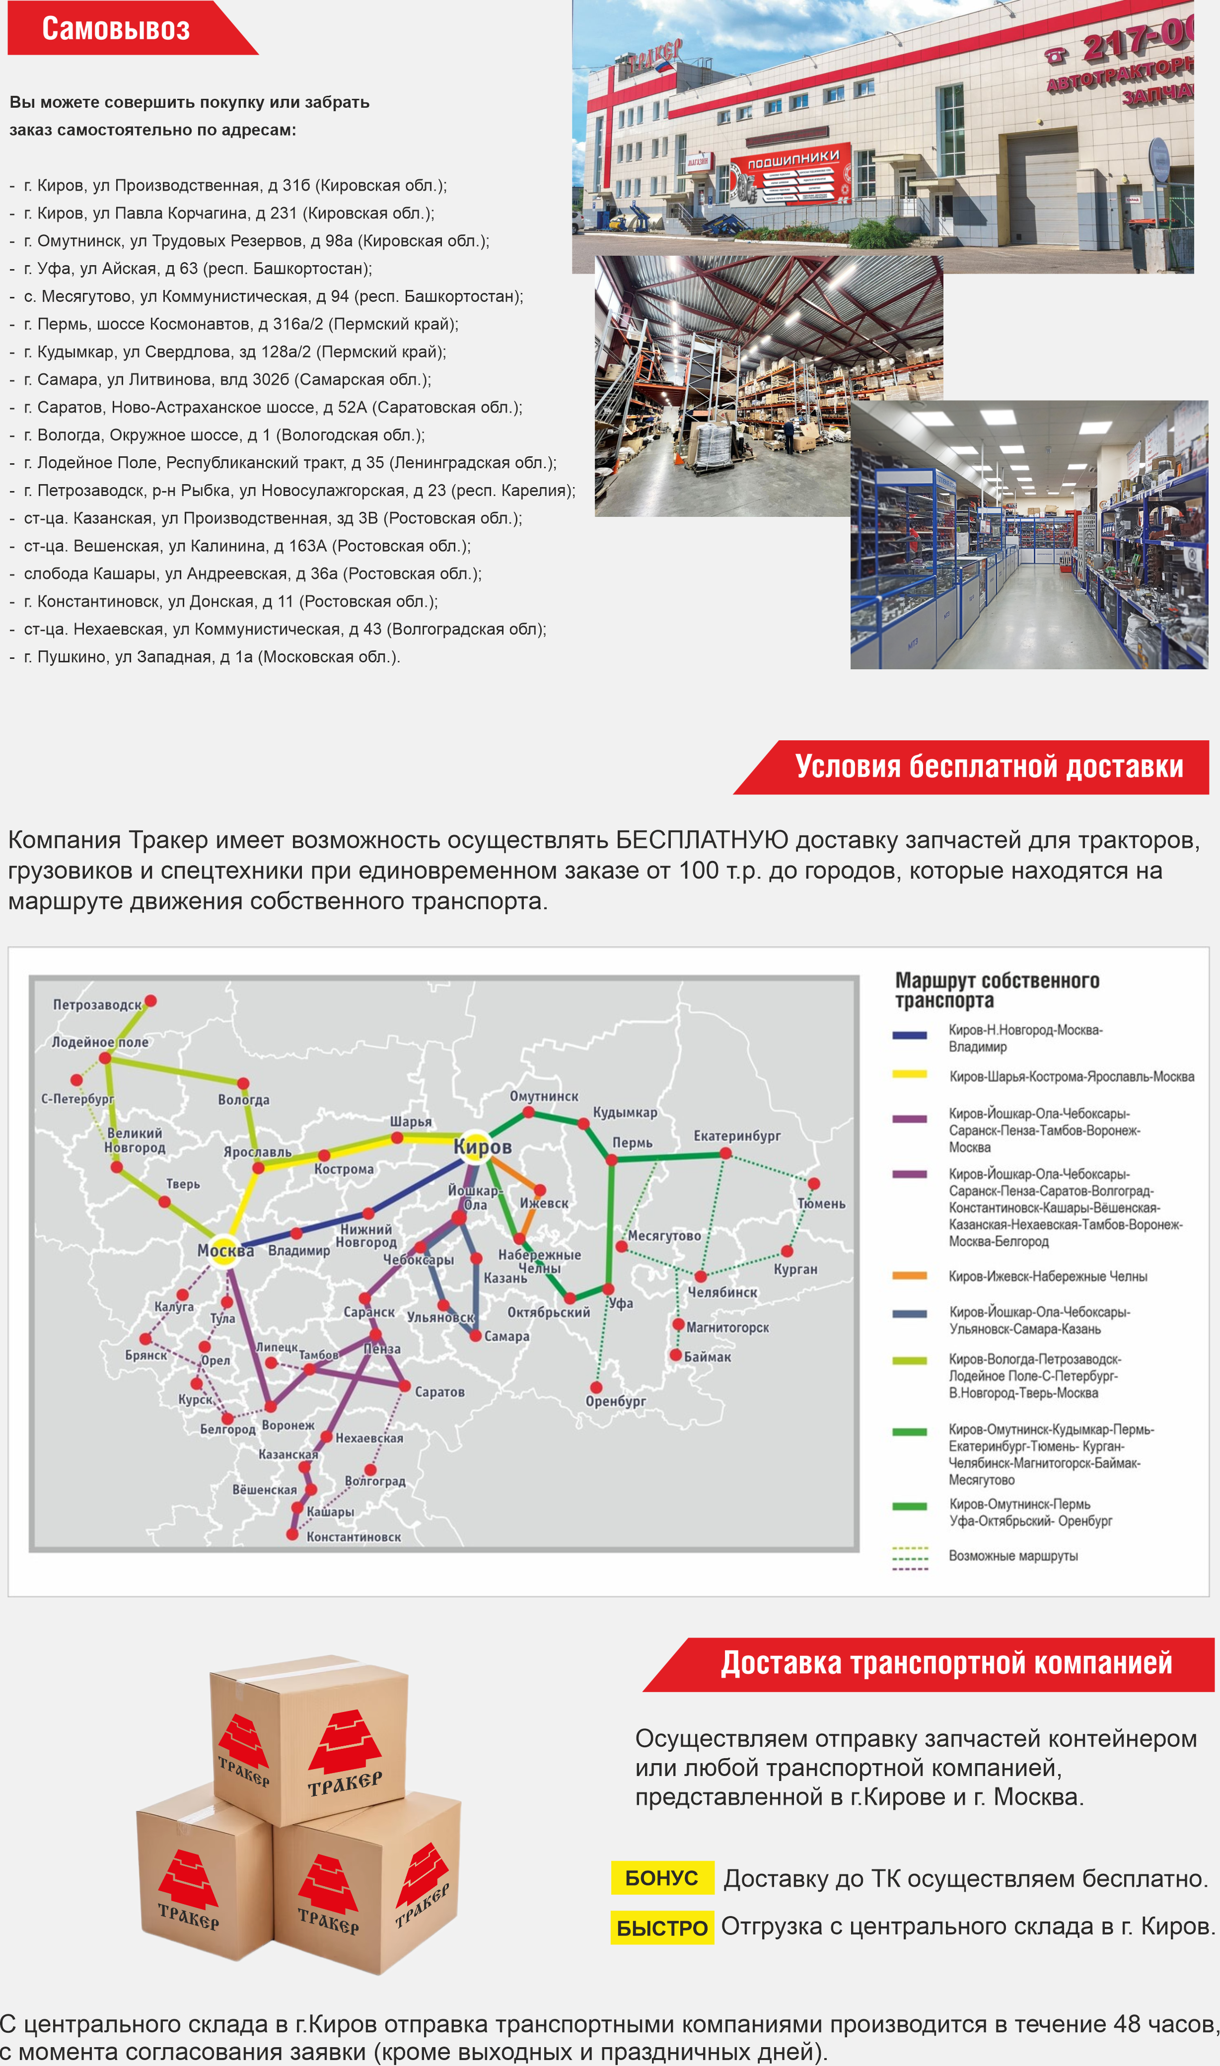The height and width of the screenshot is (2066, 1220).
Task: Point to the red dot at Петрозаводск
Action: (150, 1001)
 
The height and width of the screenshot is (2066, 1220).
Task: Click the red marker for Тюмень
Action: (813, 1183)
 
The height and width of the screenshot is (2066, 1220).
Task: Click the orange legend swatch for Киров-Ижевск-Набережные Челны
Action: (909, 1276)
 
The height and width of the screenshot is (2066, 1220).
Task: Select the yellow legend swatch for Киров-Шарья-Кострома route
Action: (909, 1074)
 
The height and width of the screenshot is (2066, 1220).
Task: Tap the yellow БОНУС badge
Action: (662, 1878)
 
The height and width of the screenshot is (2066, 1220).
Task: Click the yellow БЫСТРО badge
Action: (662, 1927)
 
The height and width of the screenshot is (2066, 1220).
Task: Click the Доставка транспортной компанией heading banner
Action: (945, 1663)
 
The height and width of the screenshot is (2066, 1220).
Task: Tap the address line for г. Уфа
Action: (197, 269)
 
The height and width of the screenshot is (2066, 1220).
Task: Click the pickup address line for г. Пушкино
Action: (212, 656)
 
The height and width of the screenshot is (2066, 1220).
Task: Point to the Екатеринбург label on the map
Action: (736, 1136)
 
